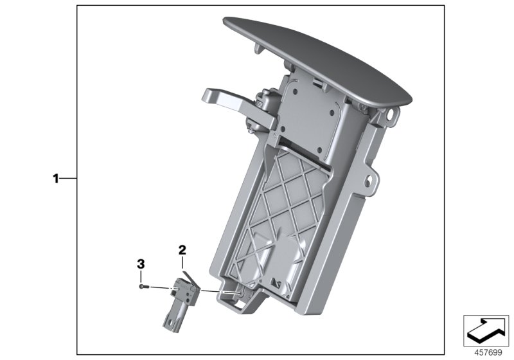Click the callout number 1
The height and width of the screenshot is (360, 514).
56,179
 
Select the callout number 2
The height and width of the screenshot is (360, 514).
182,248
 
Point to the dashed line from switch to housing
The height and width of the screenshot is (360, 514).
218,291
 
